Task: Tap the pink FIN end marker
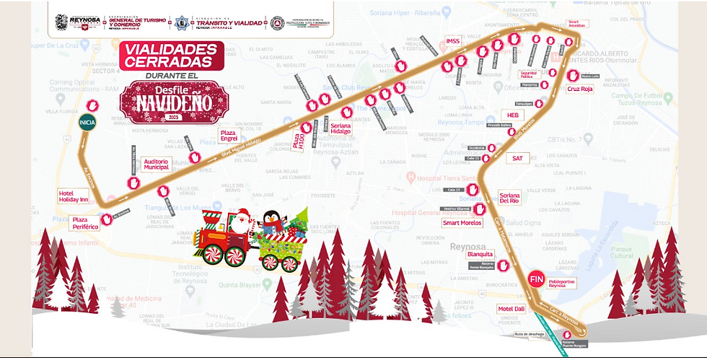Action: point(536,278)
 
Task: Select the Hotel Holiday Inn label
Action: point(73,196)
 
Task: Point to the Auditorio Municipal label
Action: point(157,164)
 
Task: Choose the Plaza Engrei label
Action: point(230,135)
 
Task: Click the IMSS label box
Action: point(452,40)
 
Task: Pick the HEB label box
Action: point(513,115)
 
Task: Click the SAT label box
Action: point(517,157)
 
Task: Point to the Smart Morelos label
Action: point(461,223)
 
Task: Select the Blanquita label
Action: point(480,254)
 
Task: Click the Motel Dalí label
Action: point(511,309)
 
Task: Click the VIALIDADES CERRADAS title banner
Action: point(171,56)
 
